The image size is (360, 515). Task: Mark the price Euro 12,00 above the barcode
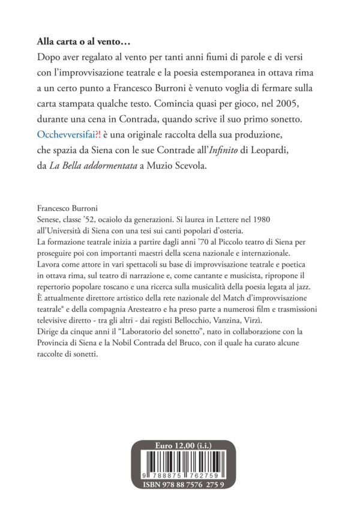tap(179, 446)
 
